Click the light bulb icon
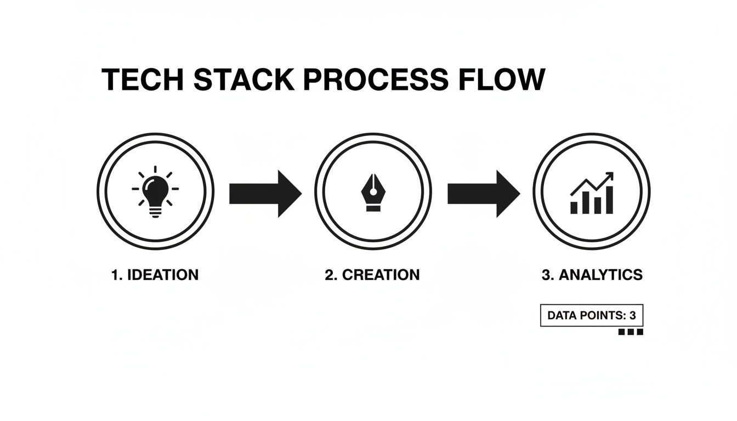(155, 192)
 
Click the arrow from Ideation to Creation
(265, 194)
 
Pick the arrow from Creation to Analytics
(483, 194)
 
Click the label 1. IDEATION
(155, 275)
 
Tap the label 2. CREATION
(372, 275)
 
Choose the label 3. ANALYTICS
(592, 275)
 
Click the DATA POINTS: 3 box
(592, 316)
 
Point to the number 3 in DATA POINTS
(632, 316)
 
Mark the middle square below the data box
(631, 332)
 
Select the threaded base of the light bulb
(155, 213)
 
